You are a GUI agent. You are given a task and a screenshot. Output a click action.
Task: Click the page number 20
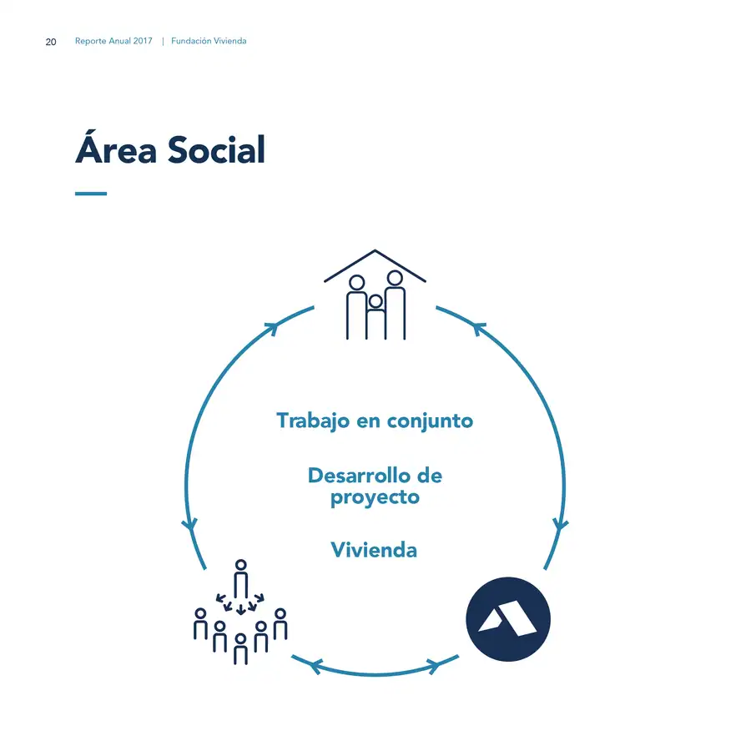click(x=51, y=43)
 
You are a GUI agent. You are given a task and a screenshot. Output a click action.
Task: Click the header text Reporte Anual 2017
click(x=113, y=41)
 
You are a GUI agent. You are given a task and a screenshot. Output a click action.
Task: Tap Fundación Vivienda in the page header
click(x=209, y=41)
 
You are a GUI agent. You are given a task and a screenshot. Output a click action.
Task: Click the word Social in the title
click(x=216, y=150)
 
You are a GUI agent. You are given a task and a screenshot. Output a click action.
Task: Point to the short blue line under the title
click(x=91, y=194)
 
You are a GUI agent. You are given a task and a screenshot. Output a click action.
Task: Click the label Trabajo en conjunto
click(x=375, y=421)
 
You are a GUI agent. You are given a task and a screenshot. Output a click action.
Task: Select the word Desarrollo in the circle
click(x=359, y=476)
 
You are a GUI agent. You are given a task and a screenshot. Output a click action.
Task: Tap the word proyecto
click(x=375, y=497)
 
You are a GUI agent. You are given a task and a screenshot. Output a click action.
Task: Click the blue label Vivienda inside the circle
click(x=374, y=550)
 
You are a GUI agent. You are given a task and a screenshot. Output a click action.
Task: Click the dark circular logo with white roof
click(x=508, y=619)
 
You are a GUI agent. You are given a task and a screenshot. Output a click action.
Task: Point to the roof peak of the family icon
click(x=375, y=250)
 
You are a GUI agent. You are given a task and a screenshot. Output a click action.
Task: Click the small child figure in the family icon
click(x=376, y=316)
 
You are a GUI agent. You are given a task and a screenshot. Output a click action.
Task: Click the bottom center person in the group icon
click(x=240, y=649)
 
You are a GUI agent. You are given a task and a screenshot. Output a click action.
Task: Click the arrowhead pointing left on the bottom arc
click(x=315, y=666)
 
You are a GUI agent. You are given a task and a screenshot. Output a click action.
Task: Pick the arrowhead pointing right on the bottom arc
click(x=433, y=666)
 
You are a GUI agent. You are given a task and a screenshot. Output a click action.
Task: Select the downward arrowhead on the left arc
click(x=190, y=525)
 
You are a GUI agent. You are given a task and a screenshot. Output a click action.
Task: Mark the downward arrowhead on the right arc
click(x=560, y=525)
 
